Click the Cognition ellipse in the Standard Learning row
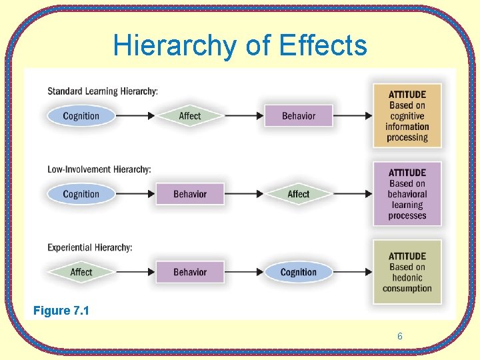(x=81, y=116)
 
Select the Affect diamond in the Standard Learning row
(x=190, y=116)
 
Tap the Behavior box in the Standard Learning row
(x=298, y=116)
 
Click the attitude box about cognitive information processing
(x=407, y=116)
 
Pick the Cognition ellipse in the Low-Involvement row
(x=81, y=194)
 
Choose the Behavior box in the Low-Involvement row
(x=190, y=194)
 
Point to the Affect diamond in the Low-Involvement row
(x=298, y=194)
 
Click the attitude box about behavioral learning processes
(x=407, y=194)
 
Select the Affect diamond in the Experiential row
(x=81, y=272)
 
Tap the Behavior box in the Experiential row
(x=190, y=272)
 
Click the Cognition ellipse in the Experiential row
(x=298, y=272)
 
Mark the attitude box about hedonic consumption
(x=407, y=272)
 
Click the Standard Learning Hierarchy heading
(x=103, y=91)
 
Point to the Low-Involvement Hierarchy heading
(x=99, y=169)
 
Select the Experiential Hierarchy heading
(x=90, y=247)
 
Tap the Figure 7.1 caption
(x=61, y=311)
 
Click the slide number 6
(x=400, y=337)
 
